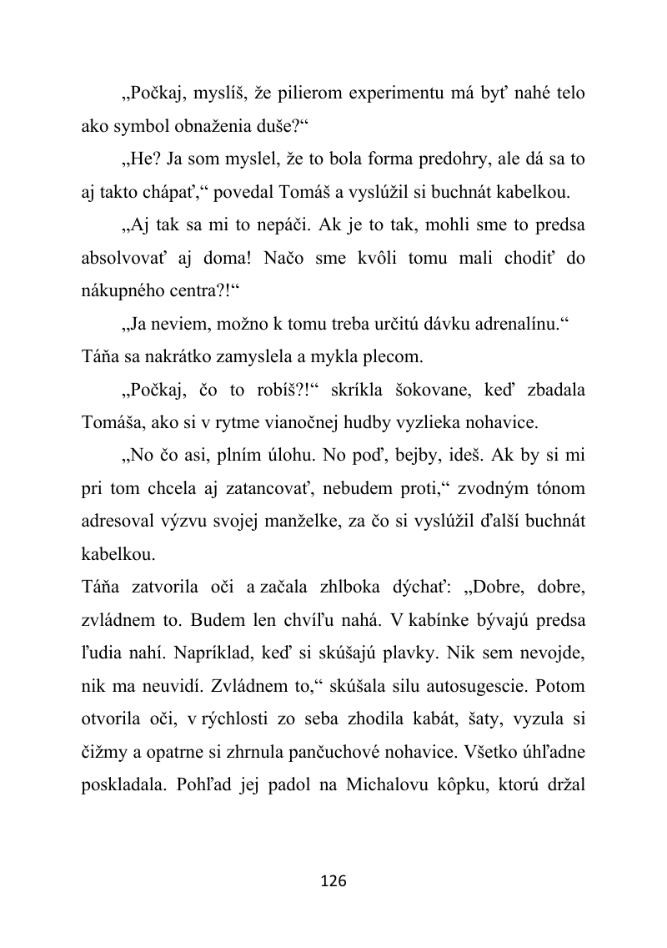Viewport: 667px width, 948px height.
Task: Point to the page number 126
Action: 333,881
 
